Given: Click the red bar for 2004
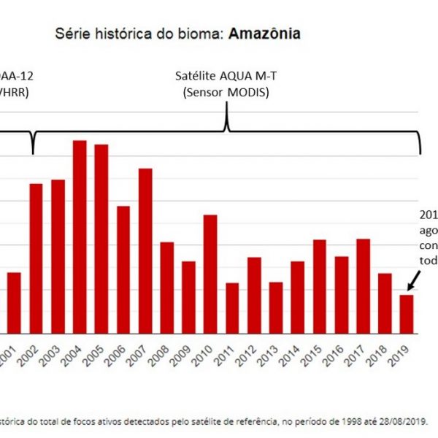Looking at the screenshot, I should [x=80, y=237].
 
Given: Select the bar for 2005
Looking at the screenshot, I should [x=101, y=239].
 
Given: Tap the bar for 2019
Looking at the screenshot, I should [x=407, y=314].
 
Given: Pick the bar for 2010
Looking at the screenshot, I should [x=210, y=274].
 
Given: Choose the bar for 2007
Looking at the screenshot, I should [x=145, y=250].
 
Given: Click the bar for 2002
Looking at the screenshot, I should [x=36, y=258].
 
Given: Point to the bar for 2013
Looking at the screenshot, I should [x=276, y=307].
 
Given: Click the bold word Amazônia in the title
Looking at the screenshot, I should [x=264, y=34].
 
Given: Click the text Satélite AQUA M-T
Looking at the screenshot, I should [x=224, y=77].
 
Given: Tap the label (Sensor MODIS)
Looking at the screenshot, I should [x=224, y=92].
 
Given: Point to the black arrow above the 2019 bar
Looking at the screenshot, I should [x=413, y=280].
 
